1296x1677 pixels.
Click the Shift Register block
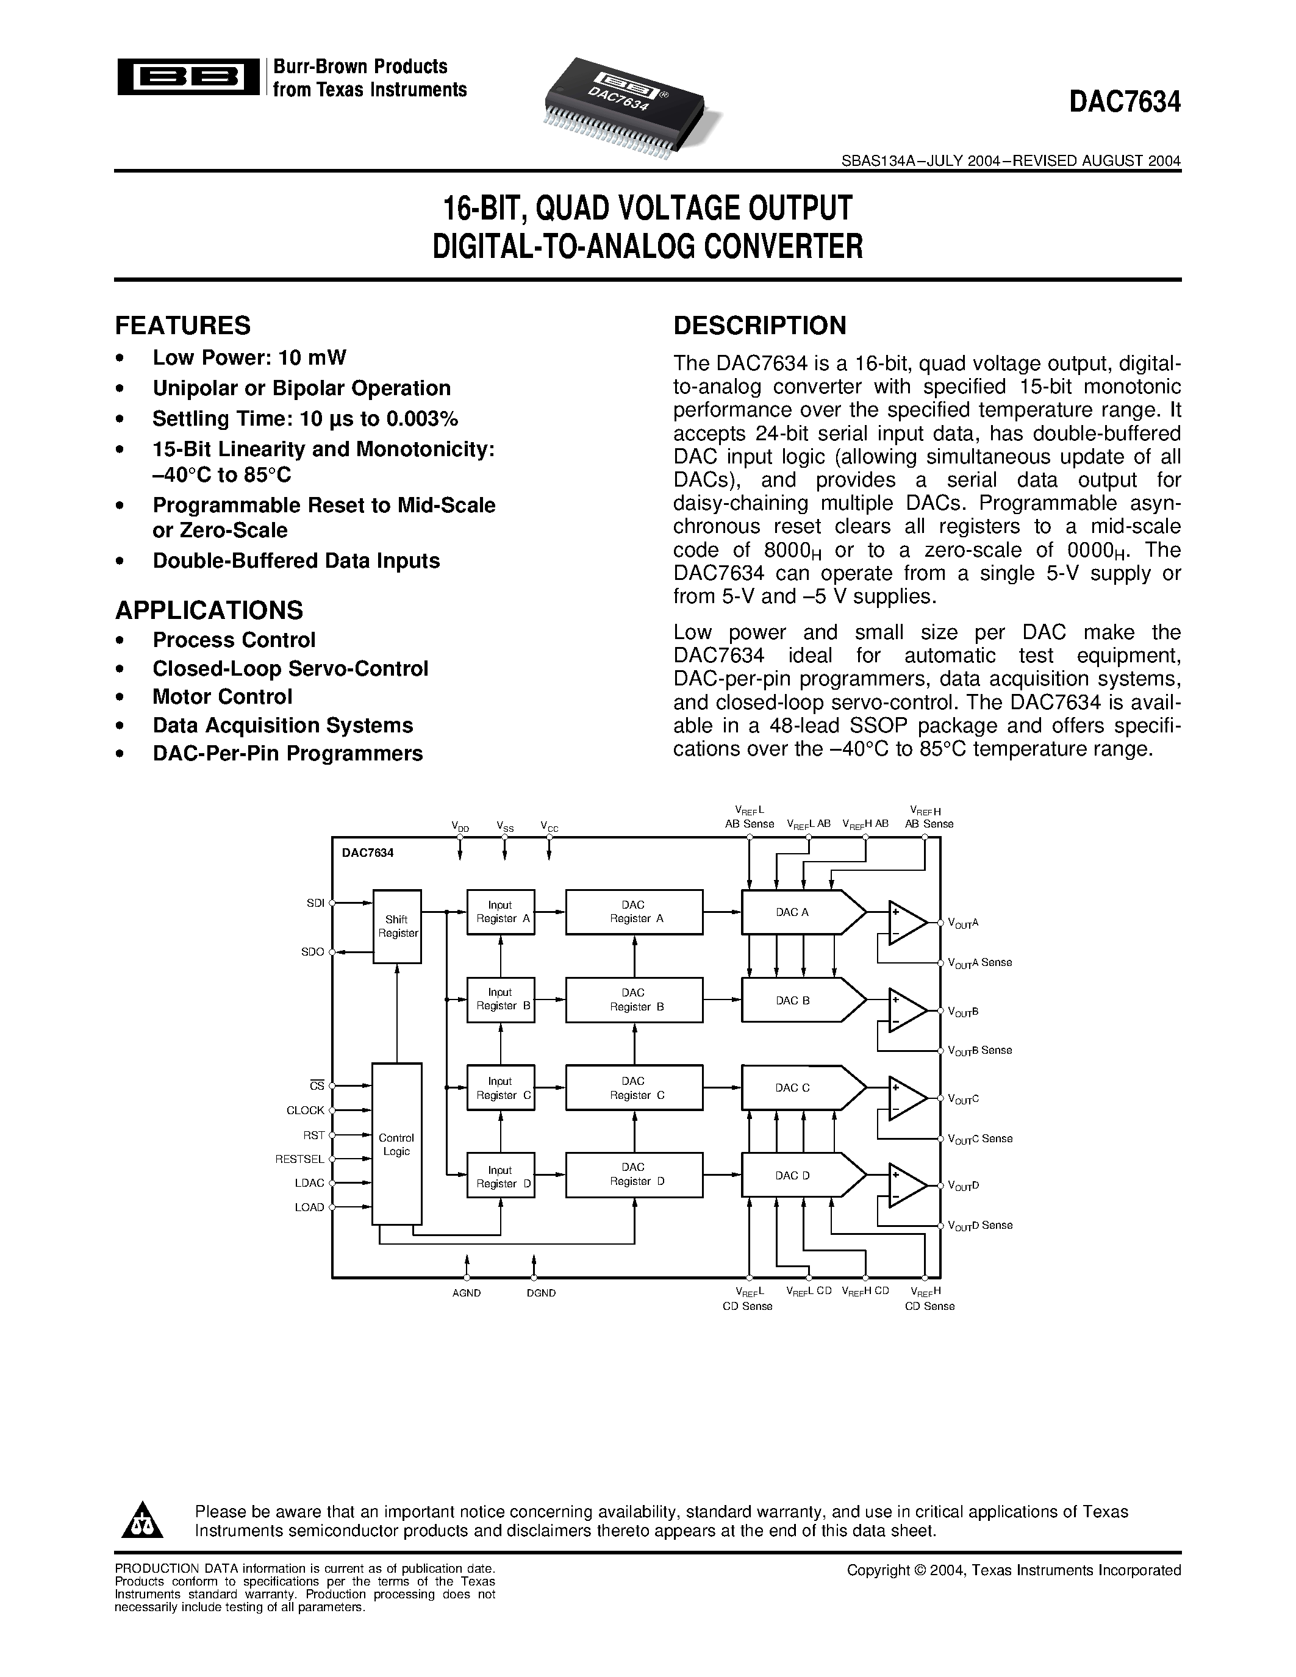coord(397,926)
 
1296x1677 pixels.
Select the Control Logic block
coord(397,1144)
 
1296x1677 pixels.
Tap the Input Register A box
coord(501,912)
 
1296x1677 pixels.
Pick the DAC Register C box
coord(634,1088)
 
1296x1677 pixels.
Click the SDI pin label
coord(315,904)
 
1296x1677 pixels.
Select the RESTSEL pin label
coord(300,1159)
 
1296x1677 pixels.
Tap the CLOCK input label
coord(306,1110)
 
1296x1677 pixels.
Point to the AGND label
coord(467,1293)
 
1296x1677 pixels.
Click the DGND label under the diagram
coord(542,1293)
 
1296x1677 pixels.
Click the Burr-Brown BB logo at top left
coord(188,77)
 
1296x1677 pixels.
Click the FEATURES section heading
coord(183,326)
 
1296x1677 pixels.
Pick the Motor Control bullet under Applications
coord(223,697)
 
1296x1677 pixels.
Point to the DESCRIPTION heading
coord(759,326)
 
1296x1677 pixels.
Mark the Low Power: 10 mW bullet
coord(249,358)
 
